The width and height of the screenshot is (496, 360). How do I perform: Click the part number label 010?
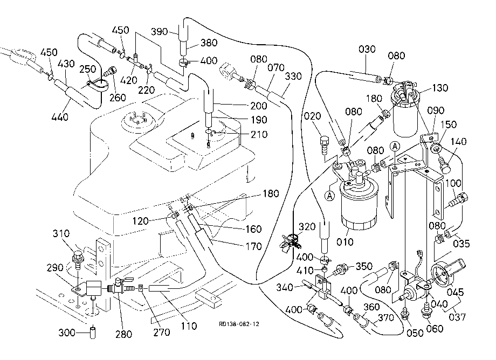click(345, 242)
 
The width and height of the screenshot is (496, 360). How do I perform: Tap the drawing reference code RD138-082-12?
click(239, 324)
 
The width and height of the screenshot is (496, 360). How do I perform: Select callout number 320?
click(307, 227)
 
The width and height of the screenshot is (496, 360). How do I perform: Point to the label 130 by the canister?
click(440, 87)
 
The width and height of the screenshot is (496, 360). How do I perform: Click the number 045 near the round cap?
click(455, 292)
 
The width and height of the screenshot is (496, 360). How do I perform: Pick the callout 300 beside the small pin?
click(67, 333)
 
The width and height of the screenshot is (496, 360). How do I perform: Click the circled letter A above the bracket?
click(395, 147)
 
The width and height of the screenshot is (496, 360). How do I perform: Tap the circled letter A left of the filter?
click(330, 196)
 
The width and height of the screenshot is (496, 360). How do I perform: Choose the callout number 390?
click(159, 32)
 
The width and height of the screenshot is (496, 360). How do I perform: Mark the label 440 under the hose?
click(60, 117)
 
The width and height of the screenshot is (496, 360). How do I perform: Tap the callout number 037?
click(457, 317)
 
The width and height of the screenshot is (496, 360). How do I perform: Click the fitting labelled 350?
click(341, 269)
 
